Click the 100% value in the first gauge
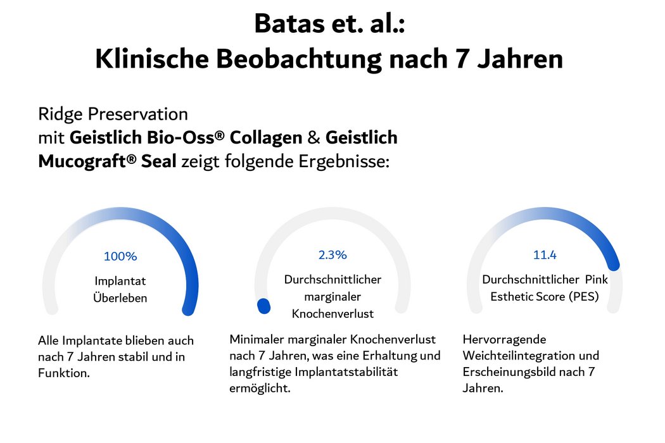(120, 257)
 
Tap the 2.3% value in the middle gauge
(332, 255)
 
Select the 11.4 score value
(545, 255)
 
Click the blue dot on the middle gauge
(263, 306)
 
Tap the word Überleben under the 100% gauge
(120, 297)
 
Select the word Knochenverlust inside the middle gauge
(332, 313)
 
